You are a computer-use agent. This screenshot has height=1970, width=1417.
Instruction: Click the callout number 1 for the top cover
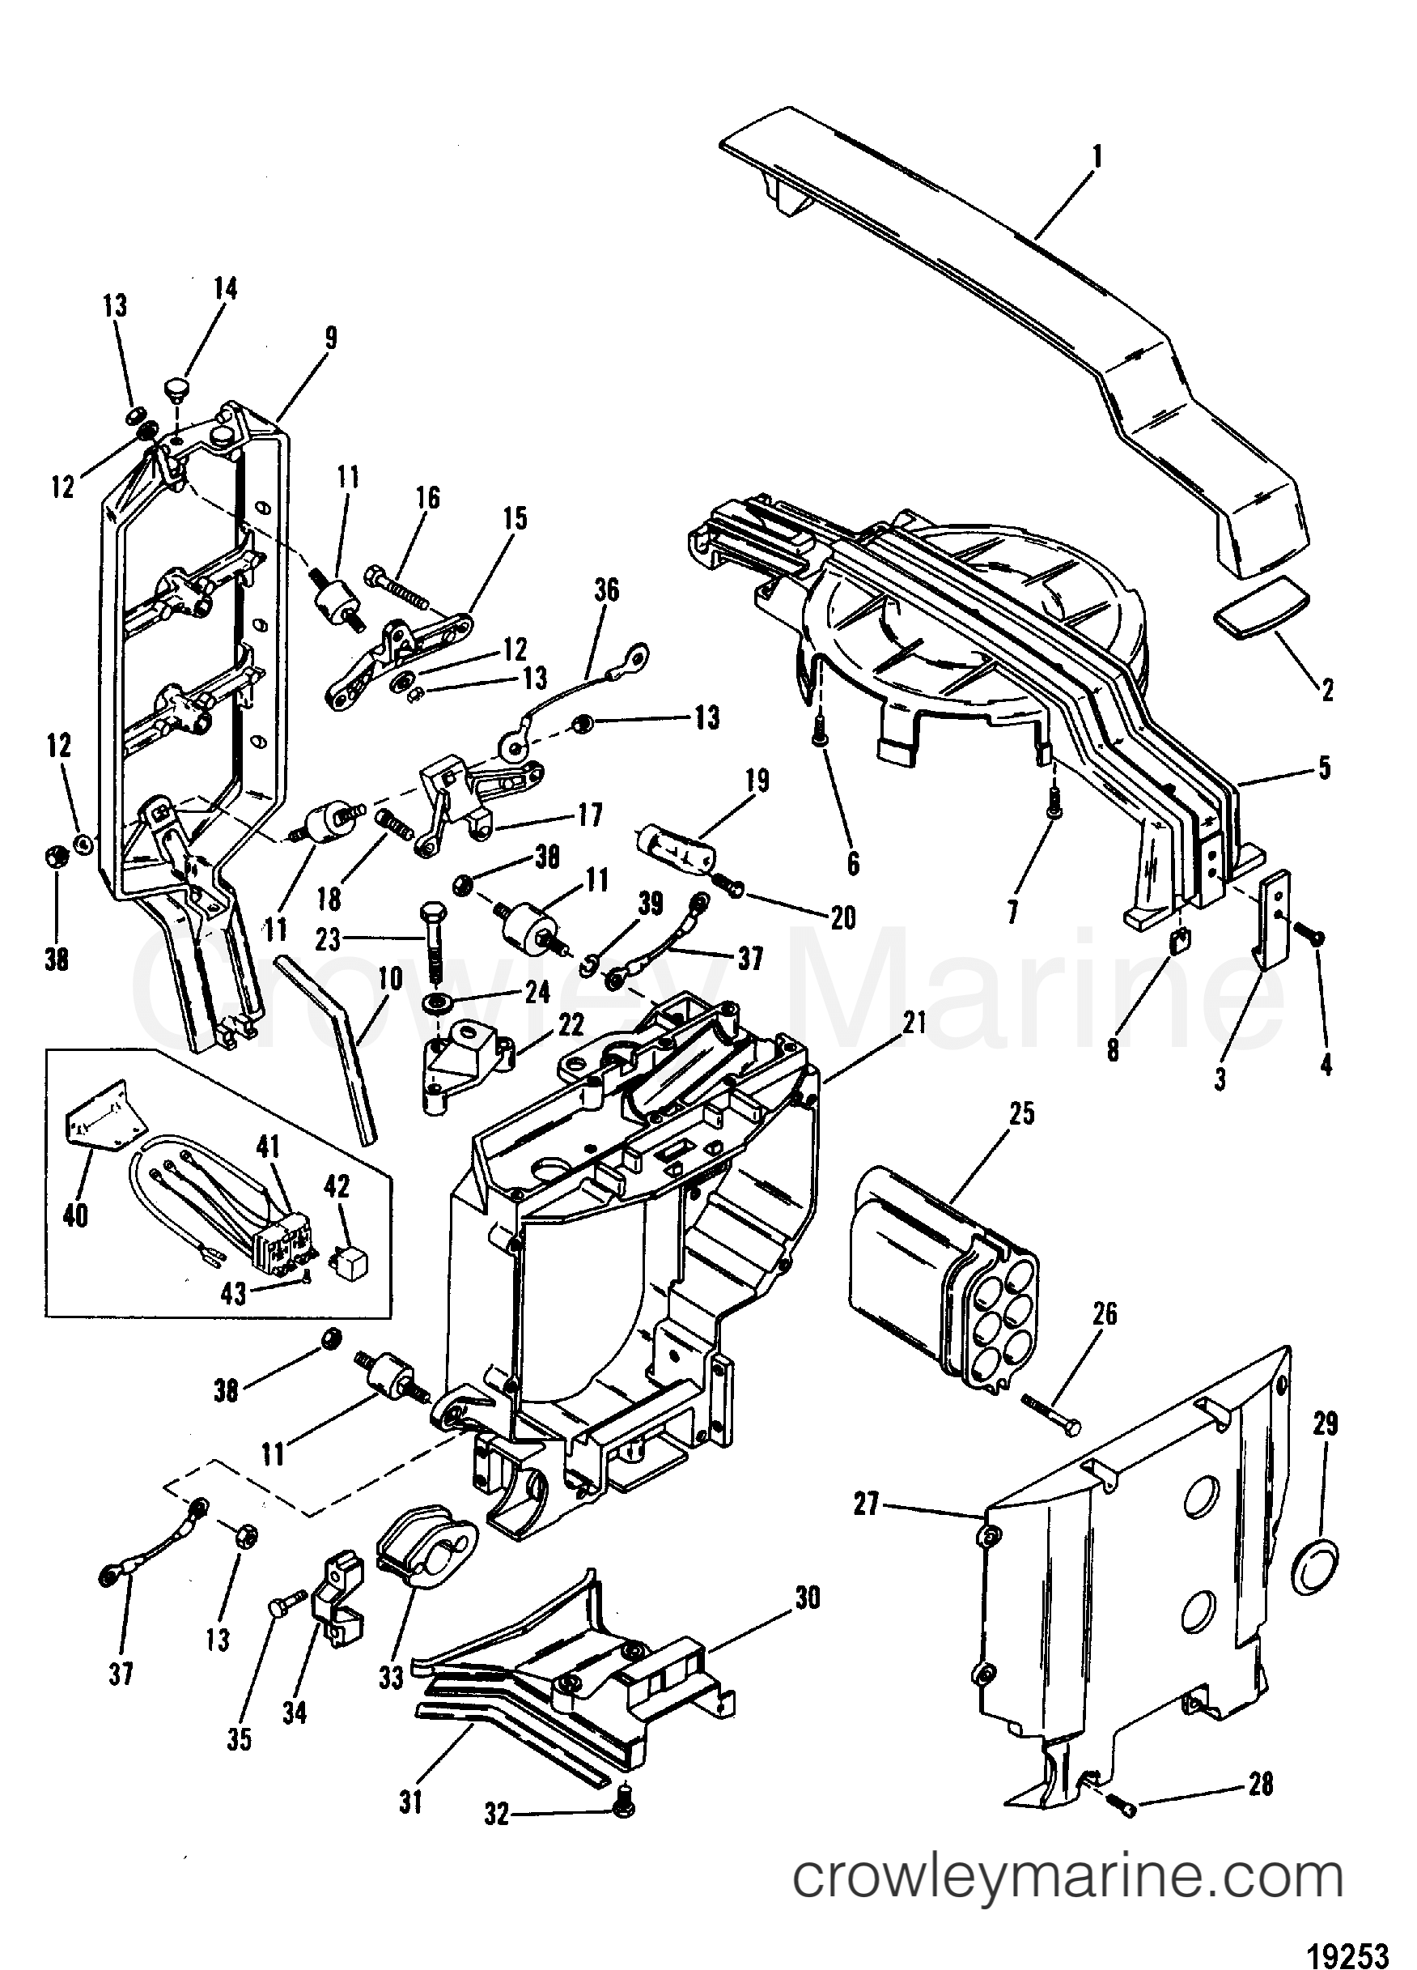(1097, 158)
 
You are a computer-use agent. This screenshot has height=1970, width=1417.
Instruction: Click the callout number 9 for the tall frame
(330, 336)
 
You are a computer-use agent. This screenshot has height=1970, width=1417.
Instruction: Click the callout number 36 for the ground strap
(607, 590)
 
